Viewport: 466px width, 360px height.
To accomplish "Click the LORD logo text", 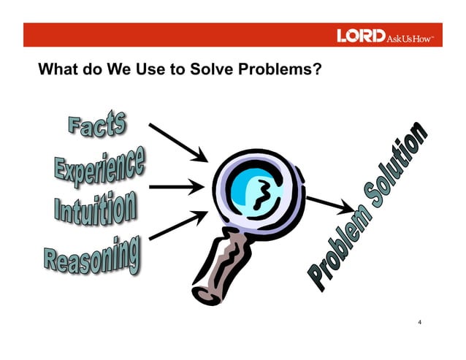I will (x=359, y=36).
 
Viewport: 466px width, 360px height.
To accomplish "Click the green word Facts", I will (x=97, y=125).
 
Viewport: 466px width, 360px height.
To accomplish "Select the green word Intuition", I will (x=96, y=206).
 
